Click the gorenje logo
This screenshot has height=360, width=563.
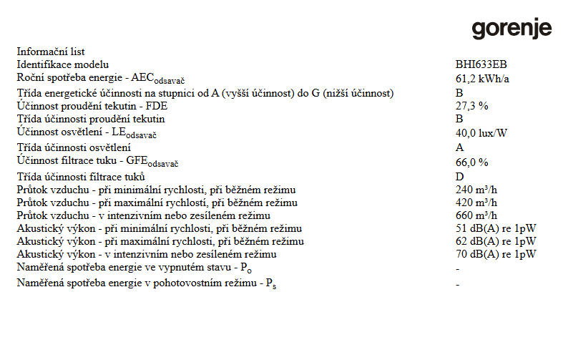click(511, 29)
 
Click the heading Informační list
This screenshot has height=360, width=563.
click(51, 52)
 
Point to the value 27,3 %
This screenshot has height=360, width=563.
click(471, 106)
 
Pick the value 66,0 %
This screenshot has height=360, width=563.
click(471, 162)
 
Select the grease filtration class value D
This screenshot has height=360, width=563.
click(459, 177)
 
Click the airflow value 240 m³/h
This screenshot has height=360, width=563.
click(476, 190)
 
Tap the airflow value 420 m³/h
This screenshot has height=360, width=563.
click(476, 203)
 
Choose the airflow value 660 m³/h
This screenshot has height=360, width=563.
click(476, 215)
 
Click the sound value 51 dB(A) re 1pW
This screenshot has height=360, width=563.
click(496, 228)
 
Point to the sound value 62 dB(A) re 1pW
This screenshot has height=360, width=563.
click(496, 241)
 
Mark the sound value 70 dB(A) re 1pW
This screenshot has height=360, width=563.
click(496, 254)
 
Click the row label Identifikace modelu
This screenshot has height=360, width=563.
click(63, 64)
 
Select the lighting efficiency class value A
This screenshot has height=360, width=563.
click(459, 147)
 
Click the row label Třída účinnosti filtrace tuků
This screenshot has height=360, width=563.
click(82, 177)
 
